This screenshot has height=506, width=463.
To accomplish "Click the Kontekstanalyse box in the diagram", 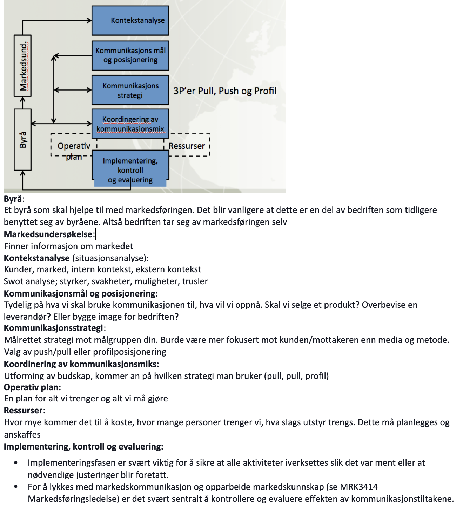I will point(130,20).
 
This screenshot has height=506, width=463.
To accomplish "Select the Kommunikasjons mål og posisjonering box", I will point(130,55).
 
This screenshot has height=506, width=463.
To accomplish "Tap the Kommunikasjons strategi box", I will point(130,90).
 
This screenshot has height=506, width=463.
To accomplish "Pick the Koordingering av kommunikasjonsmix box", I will point(130,124).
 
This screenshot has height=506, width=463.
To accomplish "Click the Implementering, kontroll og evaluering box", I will point(130,170).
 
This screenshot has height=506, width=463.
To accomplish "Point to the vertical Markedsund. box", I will point(23,66).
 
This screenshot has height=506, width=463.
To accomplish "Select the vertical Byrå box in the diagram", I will point(23,140).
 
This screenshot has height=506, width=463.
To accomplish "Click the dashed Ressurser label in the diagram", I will point(187,146).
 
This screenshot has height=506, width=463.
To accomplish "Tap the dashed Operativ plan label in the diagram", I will point(74,151).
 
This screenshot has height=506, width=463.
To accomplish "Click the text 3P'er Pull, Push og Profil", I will point(225,91).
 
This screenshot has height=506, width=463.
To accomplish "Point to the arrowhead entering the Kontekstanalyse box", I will point(89,21).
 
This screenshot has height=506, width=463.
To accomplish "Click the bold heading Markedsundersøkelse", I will point(48,234).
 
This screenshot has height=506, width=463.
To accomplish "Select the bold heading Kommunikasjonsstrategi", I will point(54,328).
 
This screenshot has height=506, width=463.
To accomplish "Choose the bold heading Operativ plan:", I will point(32,387).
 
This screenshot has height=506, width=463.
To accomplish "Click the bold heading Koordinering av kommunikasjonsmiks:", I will point(81,364).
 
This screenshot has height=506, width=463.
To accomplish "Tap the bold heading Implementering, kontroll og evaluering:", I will point(83,447).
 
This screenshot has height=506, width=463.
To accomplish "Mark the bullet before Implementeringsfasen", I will point(16,463).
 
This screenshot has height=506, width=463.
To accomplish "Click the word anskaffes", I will point(22,435).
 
